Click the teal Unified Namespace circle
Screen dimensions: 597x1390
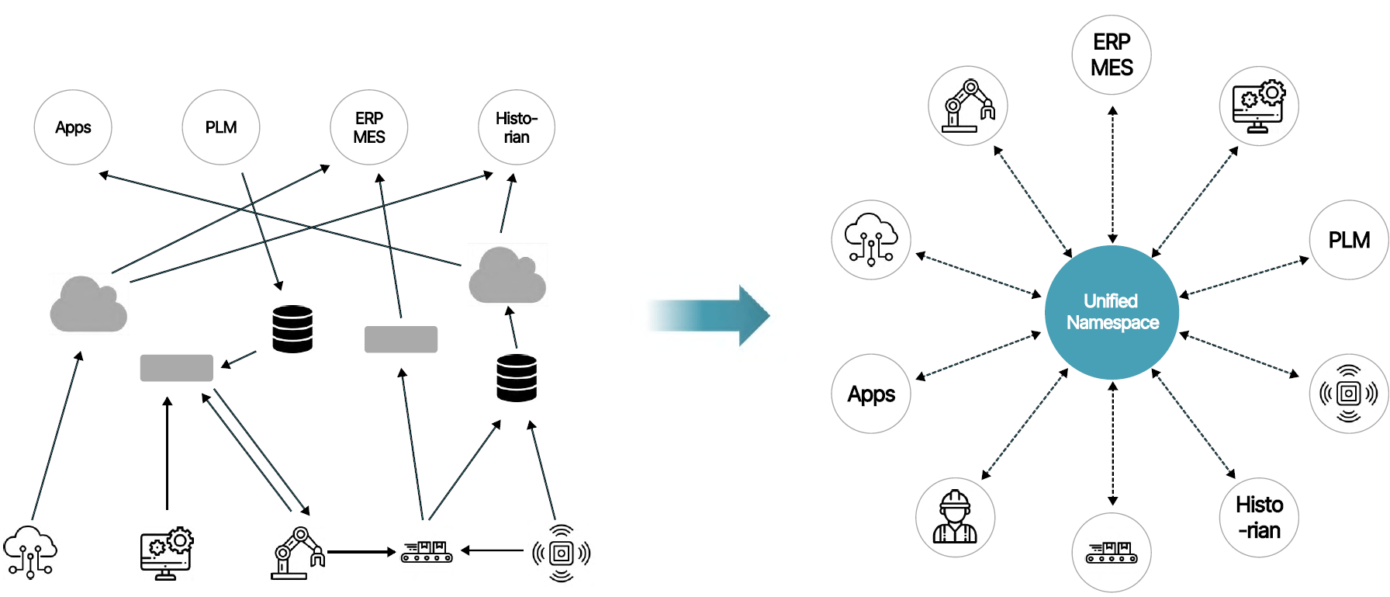tap(1112, 312)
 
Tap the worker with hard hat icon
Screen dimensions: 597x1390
tap(955, 517)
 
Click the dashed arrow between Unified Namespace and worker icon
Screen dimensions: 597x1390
tap(1025, 424)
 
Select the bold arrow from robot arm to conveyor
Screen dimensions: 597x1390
tap(361, 552)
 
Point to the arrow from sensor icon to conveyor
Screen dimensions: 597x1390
tap(493, 550)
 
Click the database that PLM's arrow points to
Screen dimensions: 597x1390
tap(292, 329)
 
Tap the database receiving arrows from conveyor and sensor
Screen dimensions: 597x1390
tap(517, 378)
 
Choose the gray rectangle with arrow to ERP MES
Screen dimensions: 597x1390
tap(401, 339)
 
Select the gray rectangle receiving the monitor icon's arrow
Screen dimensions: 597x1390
tap(176, 368)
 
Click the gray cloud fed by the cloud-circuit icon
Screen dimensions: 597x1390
tap(88, 304)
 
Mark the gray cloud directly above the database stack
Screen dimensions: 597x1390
tap(507, 276)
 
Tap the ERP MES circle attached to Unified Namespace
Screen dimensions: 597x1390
tap(1112, 55)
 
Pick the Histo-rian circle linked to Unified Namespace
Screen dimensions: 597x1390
tap(1259, 517)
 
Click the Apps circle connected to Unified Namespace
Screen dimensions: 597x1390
tap(871, 394)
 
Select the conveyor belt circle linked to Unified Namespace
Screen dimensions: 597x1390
tap(1112, 552)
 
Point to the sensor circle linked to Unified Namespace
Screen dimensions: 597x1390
tap(1349, 394)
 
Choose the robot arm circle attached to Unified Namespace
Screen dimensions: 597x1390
tap(968, 106)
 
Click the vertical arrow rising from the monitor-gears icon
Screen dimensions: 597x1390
tap(167, 454)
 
